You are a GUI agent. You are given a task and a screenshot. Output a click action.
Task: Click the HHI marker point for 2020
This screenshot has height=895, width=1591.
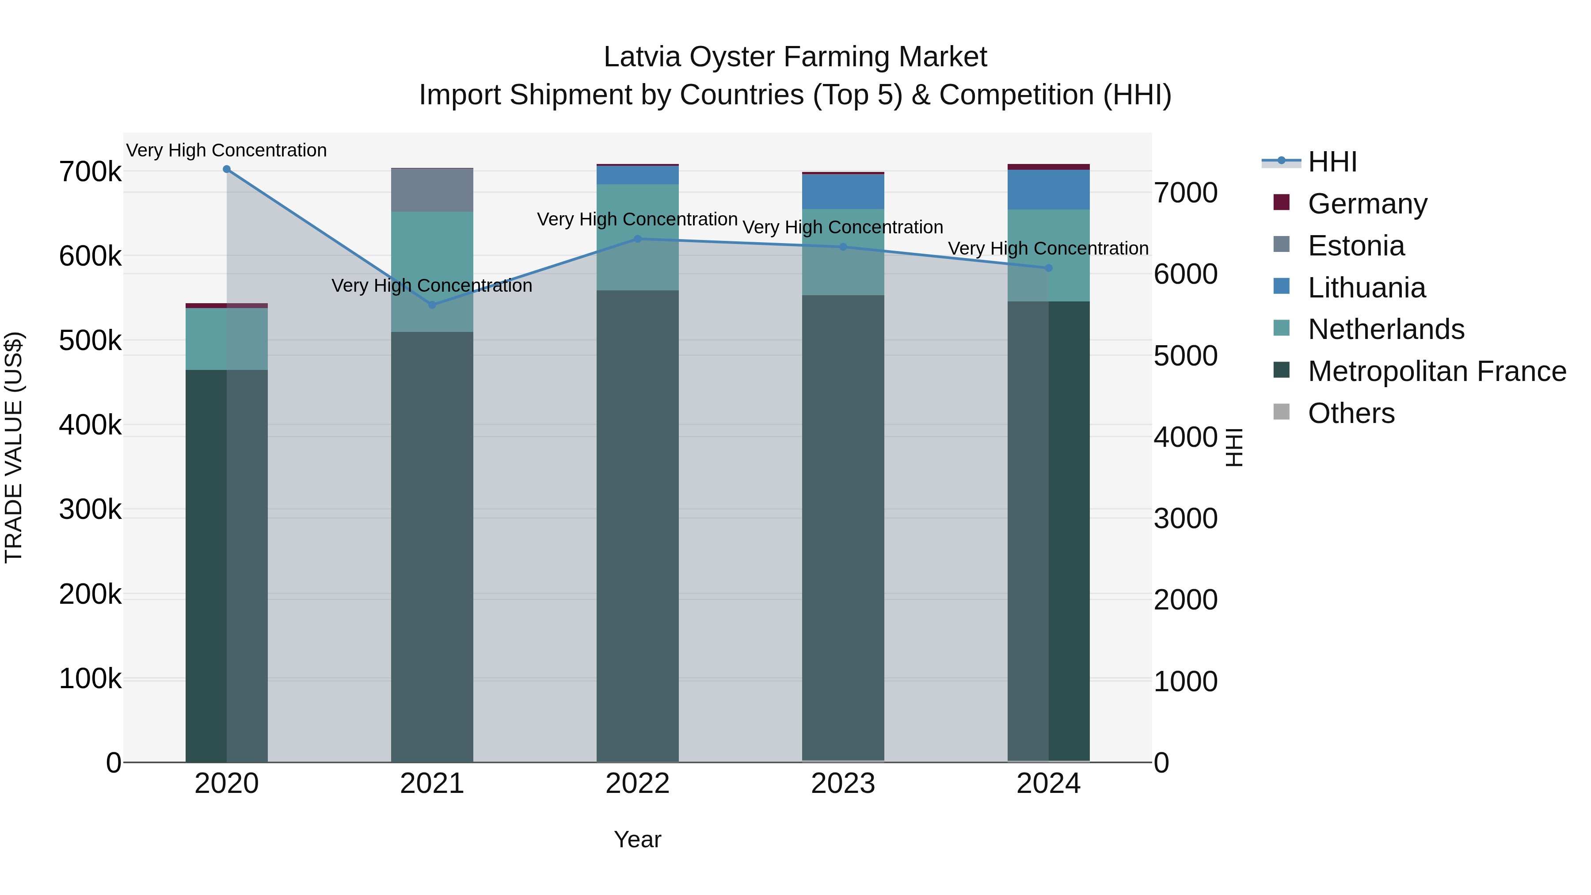click(227, 169)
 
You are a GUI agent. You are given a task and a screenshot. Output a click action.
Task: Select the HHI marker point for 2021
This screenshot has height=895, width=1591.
click(432, 305)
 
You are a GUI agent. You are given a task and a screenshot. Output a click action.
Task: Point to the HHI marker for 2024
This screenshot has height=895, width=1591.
click(1048, 268)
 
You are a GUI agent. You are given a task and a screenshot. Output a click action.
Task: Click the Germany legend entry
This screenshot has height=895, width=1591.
click(1367, 204)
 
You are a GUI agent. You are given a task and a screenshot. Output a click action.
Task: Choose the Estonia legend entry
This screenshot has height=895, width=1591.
click(1356, 246)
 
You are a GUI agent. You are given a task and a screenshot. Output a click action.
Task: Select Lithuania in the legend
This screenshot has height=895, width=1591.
click(1366, 288)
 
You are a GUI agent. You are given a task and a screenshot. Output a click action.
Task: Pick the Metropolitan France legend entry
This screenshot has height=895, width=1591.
click(1437, 371)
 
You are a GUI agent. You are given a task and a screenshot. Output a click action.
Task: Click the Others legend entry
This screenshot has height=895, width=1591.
click(1351, 413)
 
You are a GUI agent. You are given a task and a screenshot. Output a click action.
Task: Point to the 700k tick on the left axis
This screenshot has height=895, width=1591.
click(90, 172)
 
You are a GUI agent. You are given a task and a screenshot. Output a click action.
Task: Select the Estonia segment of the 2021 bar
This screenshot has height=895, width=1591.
click(432, 190)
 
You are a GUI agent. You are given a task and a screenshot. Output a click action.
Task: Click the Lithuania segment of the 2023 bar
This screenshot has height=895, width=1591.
click(843, 191)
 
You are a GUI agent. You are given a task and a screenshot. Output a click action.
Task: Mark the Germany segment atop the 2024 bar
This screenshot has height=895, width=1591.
click(1048, 167)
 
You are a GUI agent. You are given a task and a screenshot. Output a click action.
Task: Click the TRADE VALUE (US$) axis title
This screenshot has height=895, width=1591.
click(14, 447)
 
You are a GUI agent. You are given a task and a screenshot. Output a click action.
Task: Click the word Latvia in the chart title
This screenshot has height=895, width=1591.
click(642, 57)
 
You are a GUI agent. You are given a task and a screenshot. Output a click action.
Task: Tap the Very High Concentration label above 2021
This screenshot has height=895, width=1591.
click(432, 286)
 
